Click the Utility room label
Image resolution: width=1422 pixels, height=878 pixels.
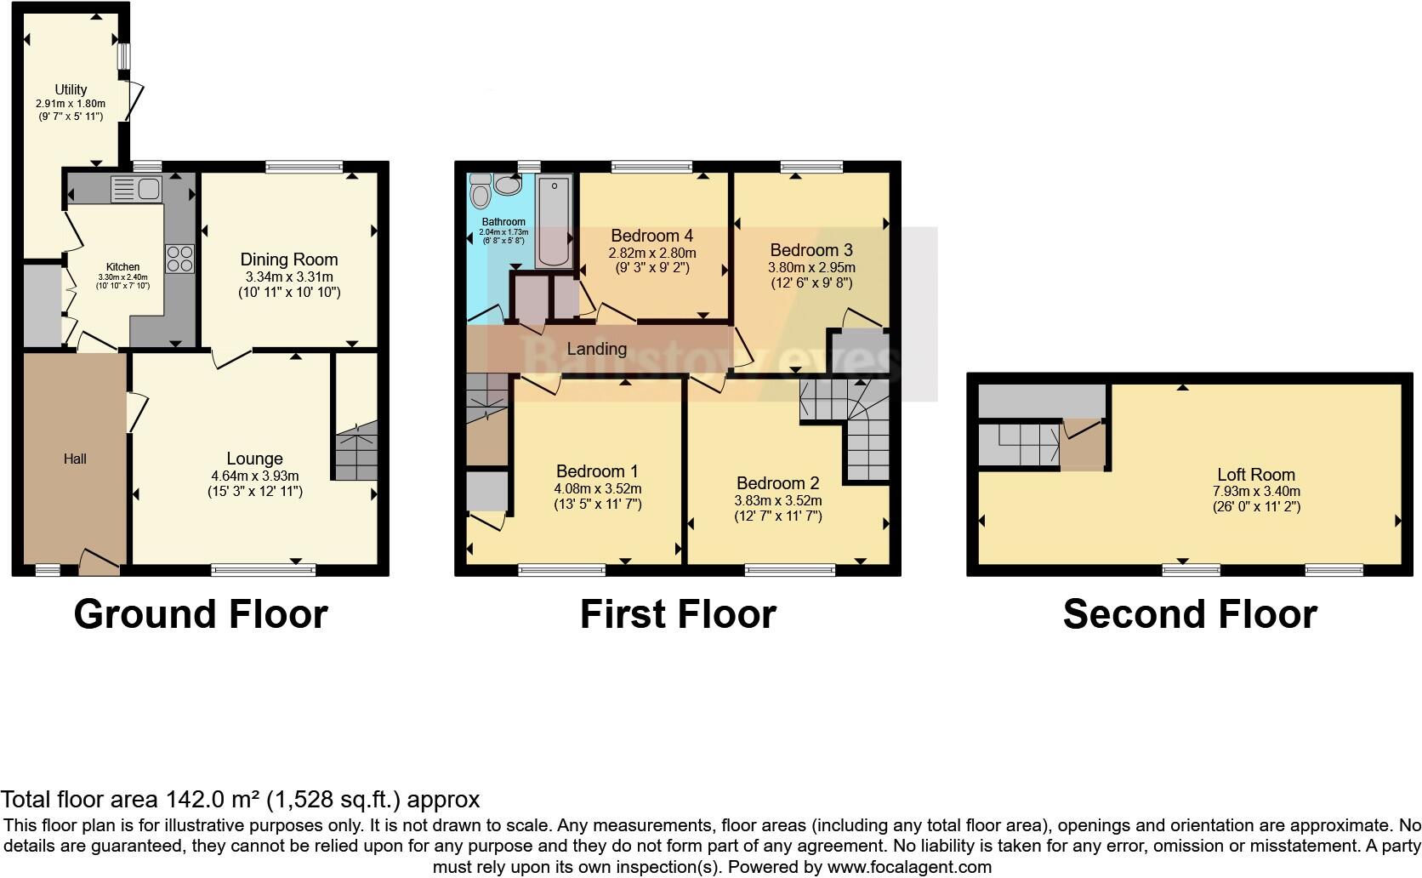(71, 89)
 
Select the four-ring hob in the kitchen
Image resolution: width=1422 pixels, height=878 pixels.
(180, 259)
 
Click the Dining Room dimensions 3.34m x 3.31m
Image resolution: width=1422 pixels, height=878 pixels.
(289, 277)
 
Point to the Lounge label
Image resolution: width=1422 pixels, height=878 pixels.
(254, 459)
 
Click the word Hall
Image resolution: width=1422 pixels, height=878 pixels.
(75, 459)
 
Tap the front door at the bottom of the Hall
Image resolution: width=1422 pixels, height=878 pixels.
(99, 562)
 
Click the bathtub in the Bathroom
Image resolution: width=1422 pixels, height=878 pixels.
(555, 221)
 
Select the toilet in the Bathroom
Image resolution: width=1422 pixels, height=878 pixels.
(481, 194)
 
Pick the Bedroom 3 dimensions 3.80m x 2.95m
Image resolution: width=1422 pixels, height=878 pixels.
(811, 267)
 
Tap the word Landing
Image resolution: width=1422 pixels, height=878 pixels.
(597, 349)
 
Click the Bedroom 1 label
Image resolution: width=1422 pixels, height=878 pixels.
(597, 471)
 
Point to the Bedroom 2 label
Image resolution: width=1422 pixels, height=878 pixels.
(777, 483)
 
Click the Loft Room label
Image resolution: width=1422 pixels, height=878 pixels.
(1256, 475)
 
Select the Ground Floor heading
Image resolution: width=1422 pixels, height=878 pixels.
(201, 614)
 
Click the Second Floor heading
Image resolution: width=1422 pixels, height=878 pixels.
(1189, 614)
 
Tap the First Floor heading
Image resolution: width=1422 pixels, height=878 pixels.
(678, 614)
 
